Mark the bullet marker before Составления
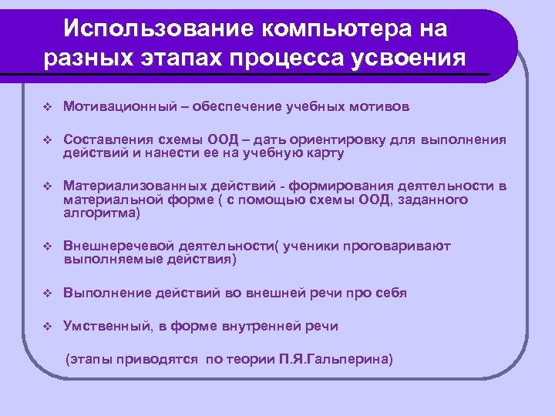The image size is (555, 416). [45, 140]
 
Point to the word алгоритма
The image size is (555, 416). [99, 213]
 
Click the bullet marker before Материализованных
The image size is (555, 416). [45, 186]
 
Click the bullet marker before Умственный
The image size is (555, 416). [45, 327]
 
